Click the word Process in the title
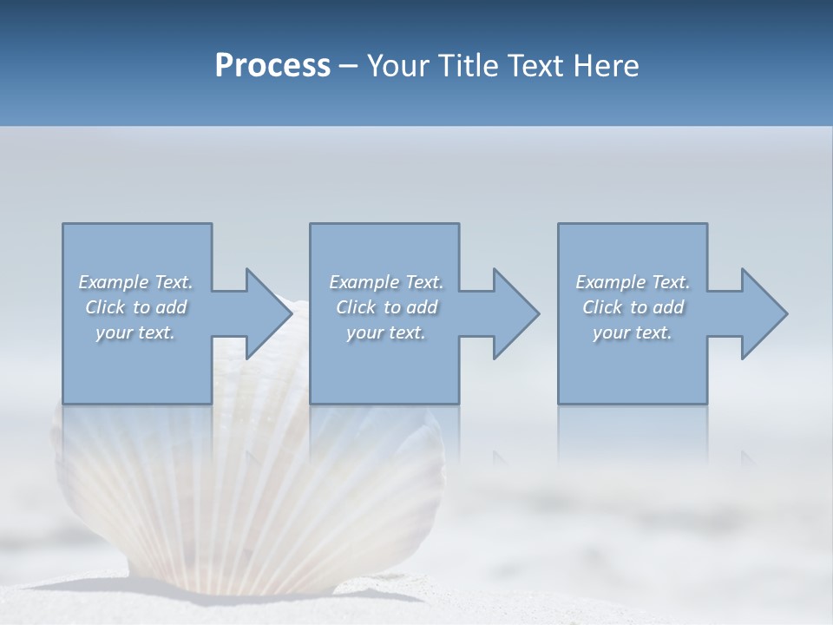[x=272, y=66]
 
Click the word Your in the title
[x=402, y=66]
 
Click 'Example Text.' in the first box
[x=136, y=282]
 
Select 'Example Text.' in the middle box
[x=386, y=282]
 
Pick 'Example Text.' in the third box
[x=633, y=282]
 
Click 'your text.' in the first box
[x=136, y=332]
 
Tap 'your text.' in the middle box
[x=386, y=332]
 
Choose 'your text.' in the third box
[x=633, y=332]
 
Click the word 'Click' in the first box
[x=104, y=307]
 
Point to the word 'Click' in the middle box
[x=355, y=307]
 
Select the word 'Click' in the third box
[x=602, y=307]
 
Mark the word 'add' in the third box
[x=669, y=307]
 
